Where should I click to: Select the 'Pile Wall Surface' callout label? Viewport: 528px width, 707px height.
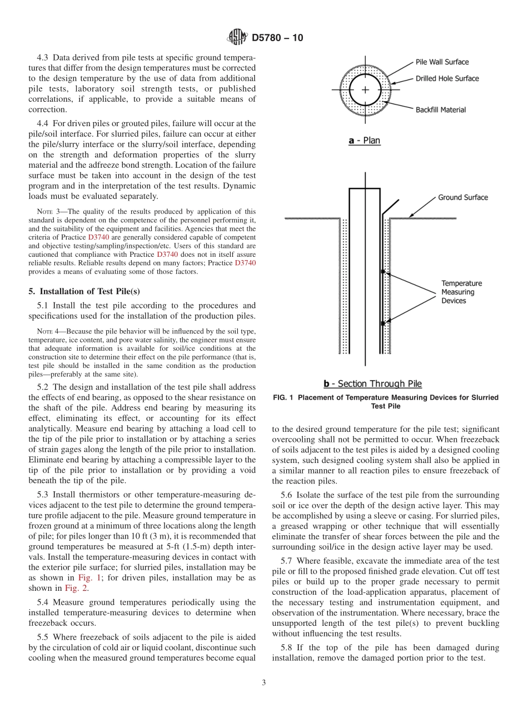442,62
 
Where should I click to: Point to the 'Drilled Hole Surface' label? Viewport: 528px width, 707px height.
447,78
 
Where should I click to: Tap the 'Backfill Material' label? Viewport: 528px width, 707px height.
440,109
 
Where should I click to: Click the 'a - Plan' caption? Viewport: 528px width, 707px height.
364,141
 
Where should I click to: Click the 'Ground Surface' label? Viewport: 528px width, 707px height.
462,197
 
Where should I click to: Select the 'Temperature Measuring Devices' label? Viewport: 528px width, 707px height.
461,292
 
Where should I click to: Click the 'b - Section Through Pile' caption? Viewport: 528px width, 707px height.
372,384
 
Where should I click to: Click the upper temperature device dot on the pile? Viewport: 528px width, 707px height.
382,272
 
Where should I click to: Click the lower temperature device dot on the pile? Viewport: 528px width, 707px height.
382,323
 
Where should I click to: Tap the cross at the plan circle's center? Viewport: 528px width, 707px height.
365,89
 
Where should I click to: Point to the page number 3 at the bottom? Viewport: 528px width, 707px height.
263,683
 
